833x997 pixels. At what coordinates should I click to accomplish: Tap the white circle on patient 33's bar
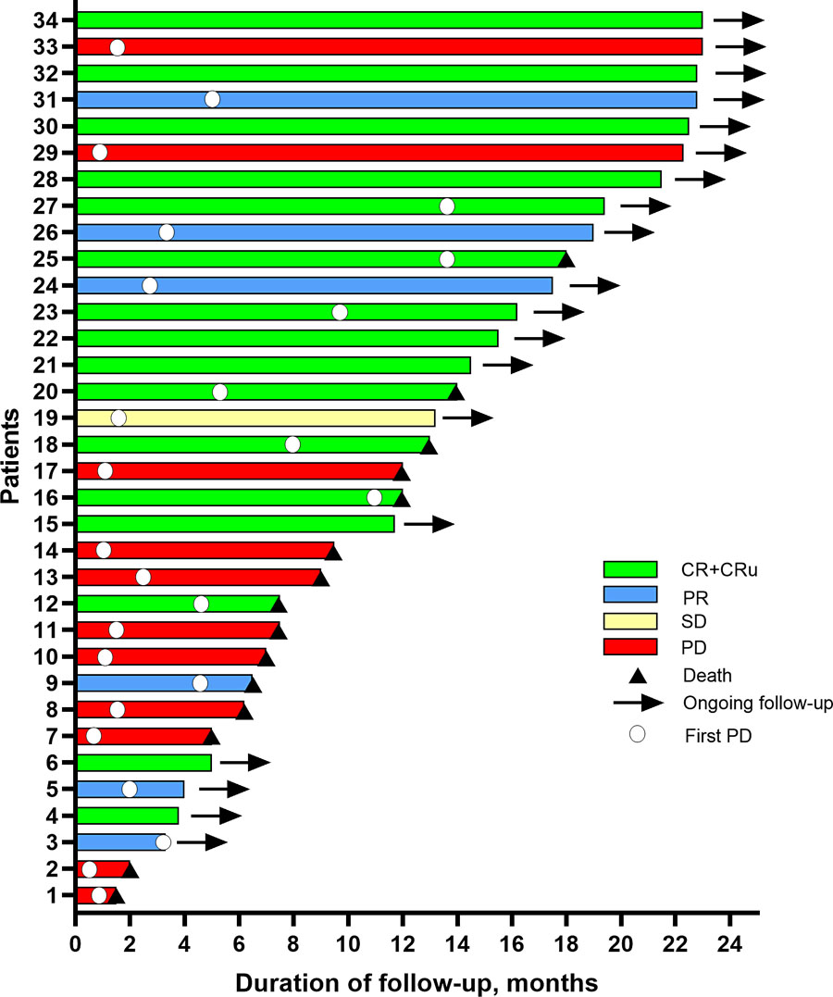point(117,47)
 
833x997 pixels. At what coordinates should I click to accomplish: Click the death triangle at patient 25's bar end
point(566,260)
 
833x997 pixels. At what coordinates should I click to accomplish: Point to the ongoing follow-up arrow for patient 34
point(739,19)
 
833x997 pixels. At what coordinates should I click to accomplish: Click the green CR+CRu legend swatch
point(629,568)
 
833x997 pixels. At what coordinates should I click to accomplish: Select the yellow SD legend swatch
point(629,620)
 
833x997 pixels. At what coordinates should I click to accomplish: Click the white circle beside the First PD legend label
point(637,734)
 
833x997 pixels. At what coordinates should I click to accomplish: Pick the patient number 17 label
point(46,471)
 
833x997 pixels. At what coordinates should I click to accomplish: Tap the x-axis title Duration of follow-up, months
point(416,979)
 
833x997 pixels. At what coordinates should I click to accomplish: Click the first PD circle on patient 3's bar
point(164,842)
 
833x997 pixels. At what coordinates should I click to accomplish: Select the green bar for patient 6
point(143,763)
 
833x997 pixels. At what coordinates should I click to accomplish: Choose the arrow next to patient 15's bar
point(429,524)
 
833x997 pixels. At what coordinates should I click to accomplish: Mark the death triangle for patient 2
point(131,870)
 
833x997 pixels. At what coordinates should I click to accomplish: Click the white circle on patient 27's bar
point(447,206)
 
